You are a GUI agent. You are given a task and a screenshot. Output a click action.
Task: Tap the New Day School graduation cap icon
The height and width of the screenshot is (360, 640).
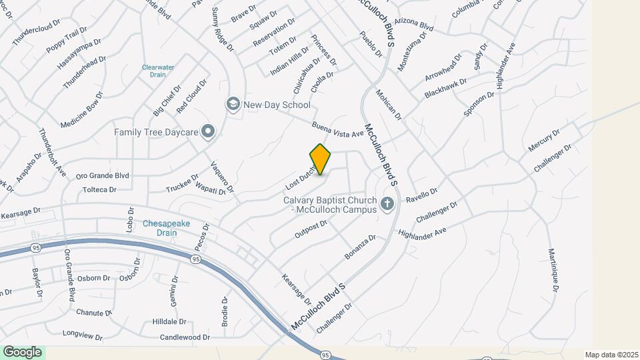pyautogui.click(x=233, y=103)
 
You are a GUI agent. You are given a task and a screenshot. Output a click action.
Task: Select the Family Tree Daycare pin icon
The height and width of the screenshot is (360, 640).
pyautogui.click(x=208, y=131)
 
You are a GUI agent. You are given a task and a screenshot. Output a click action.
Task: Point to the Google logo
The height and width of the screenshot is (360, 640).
pyautogui.click(x=22, y=352)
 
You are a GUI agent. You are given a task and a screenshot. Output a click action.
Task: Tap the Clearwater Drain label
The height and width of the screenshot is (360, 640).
pyautogui.click(x=157, y=71)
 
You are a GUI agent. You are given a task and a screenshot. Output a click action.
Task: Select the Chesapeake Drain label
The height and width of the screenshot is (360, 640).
pyautogui.click(x=159, y=229)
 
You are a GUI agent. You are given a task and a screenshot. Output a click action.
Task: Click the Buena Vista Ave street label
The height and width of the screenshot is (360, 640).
pyautogui.click(x=337, y=129)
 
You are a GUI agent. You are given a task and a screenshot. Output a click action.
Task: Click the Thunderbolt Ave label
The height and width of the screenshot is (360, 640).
pyautogui.click(x=53, y=153)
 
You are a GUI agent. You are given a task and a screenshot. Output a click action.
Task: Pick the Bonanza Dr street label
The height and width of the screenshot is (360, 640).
pyautogui.click(x=360, y=247)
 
